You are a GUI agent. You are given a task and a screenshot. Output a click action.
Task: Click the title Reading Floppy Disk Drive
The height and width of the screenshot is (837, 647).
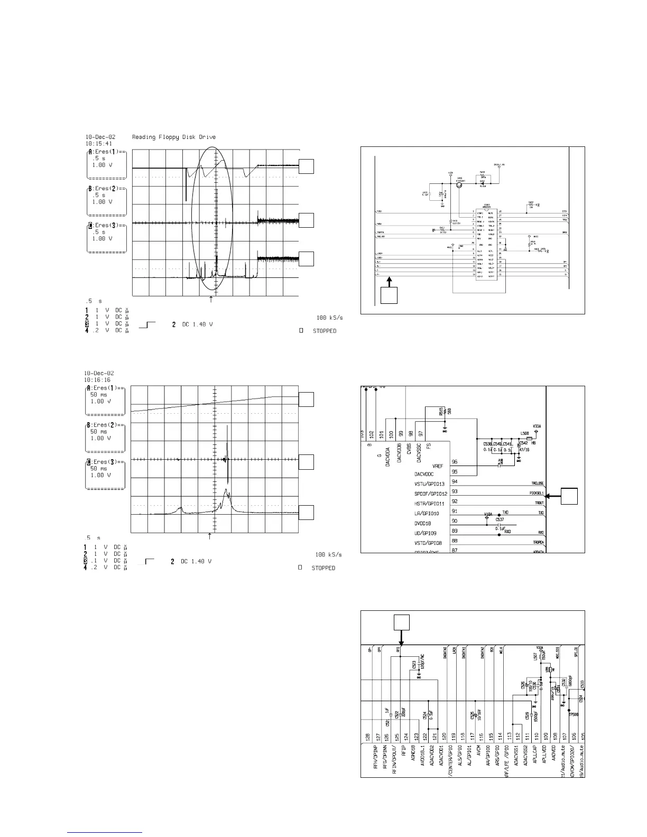[x=174, y=137]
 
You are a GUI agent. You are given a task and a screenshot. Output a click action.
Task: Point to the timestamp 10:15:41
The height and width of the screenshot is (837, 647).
[x=99, y=143]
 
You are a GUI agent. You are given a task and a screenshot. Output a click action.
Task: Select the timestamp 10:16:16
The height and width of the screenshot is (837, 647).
[x=98, y=379]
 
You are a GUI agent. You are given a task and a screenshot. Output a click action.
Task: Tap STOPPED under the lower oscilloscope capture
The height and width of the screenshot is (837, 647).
[x=323, y=568]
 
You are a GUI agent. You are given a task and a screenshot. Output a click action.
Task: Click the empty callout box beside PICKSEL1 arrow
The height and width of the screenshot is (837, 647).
[x=569, y=496]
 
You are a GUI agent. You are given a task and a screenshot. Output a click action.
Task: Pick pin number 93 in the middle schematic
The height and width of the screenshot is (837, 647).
[x=455, y=491]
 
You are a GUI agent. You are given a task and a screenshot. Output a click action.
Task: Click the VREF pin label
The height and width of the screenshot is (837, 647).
[x=438, y=466]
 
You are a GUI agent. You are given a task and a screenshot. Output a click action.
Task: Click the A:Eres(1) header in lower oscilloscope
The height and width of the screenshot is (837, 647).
[x=106, y=388]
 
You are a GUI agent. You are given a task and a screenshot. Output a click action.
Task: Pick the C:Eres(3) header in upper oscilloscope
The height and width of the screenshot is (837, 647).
[x=106, y=226]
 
